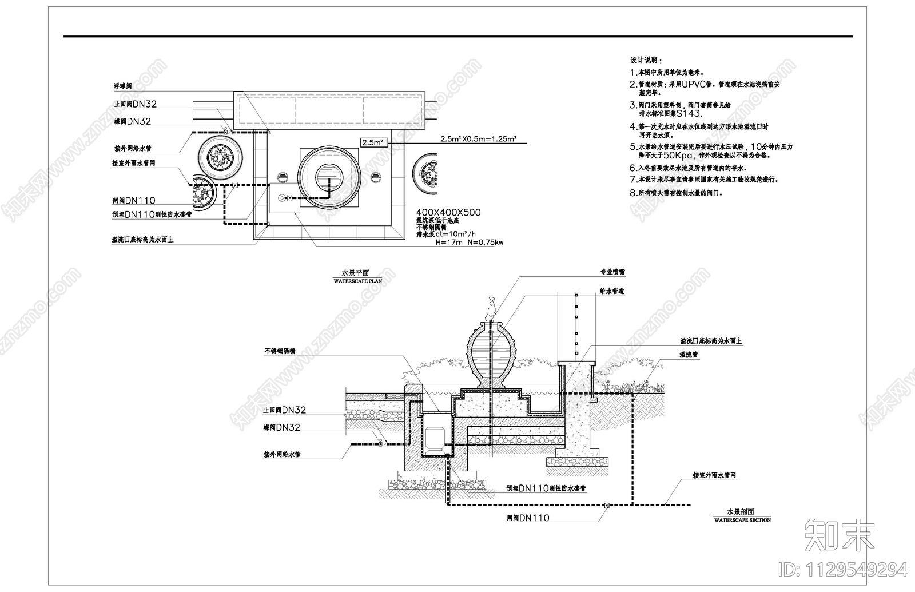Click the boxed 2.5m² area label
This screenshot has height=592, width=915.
tap(372, 142)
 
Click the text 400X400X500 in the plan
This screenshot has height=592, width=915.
tap(448, 212)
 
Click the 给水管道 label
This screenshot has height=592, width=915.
tap(612, 292)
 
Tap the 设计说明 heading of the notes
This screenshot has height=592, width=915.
tap(646, 60)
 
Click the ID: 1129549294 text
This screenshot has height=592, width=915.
tap(843, 569)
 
